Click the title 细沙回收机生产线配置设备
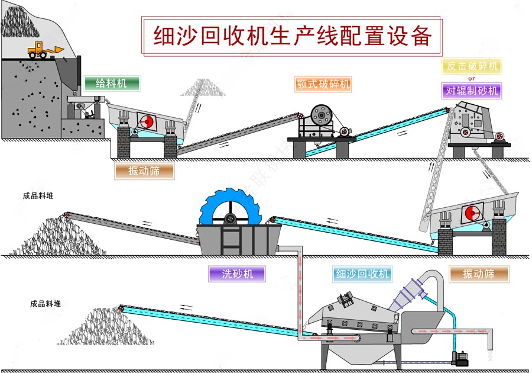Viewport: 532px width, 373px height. click(293, 36)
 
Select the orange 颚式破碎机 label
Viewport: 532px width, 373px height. click(322, 83)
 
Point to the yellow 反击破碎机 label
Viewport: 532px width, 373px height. click(471, 66)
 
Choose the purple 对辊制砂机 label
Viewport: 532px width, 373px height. click(471, 91)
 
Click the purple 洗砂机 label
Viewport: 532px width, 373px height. click(236, 274)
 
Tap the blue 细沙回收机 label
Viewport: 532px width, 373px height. click(362, 274)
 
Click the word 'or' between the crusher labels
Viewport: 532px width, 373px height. click(471, 78)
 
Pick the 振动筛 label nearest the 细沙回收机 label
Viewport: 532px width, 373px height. click(478, 274)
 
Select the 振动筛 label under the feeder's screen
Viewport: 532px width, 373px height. click(144, 171)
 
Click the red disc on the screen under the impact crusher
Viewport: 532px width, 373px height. click(471, 213)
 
